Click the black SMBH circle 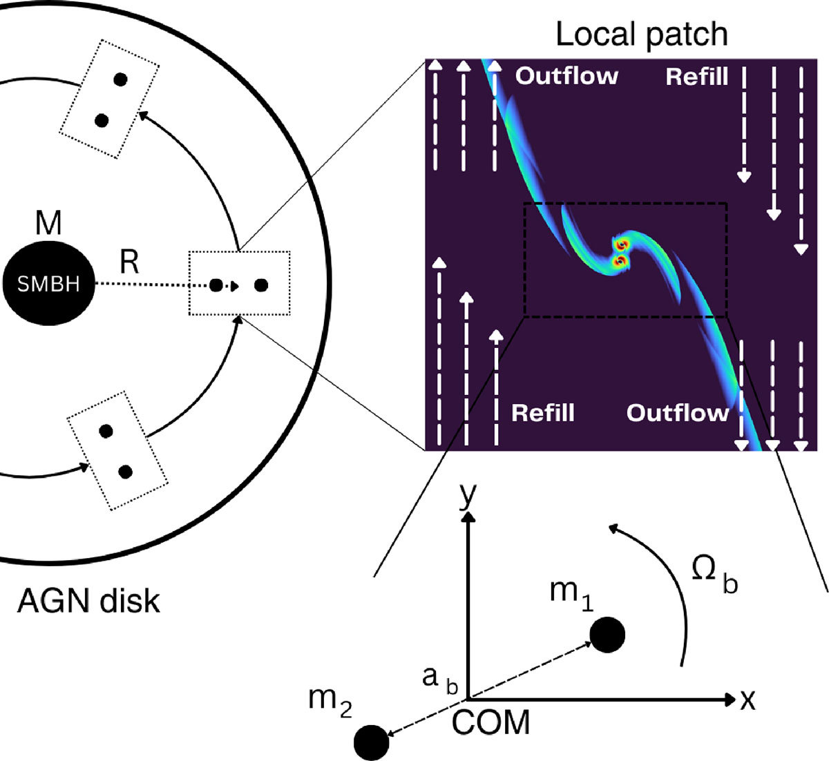[48, 283]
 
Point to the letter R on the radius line [128, 262]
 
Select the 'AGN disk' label [88, 601]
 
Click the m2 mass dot [371, 743]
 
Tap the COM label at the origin [491, 723]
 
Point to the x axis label [747, 700]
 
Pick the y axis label [468, 495]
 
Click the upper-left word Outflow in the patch [566, 75]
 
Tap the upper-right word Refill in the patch [696, 77]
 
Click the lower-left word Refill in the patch [542, 412]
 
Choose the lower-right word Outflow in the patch [677, 412]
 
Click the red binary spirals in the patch [621, 253]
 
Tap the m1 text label [571, 593]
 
